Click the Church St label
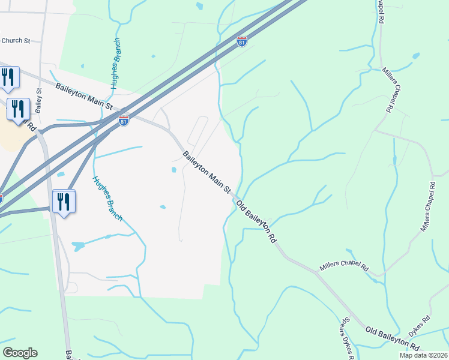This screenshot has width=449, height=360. coord(16,41)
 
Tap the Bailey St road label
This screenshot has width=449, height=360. coord(39,101)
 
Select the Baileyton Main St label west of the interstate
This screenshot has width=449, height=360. coord(84,95)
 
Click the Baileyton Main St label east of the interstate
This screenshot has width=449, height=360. coord(207,172)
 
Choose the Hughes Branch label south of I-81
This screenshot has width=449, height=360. coord(107,199)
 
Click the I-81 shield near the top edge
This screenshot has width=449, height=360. coord(241,41)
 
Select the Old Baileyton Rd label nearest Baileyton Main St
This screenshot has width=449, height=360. coord(256,221)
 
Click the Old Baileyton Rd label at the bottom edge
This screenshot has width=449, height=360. coord(392,338)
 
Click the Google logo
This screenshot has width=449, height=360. coord(20,353)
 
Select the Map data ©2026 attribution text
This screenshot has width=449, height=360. coord(424,355)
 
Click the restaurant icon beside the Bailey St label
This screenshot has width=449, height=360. coord(18,109)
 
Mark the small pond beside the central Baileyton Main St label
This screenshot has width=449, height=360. coord(173,170)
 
